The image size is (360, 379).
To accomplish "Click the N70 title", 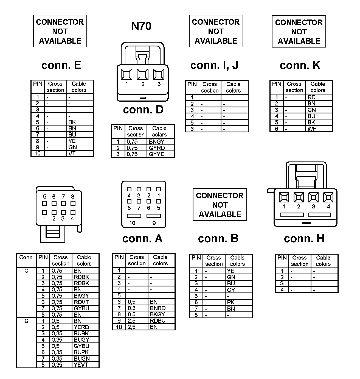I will point(141,26).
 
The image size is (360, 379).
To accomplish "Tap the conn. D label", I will point(143,110).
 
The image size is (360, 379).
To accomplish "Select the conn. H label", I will point(304,238).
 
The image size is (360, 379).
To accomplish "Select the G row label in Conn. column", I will point(26,321).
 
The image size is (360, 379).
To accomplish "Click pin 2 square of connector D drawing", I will point(143,74).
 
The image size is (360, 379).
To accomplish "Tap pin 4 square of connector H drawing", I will point(328,197).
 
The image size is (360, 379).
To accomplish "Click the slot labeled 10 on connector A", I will point(134,216).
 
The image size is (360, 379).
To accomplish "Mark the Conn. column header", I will point(26,258).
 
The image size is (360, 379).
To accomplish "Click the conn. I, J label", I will point(214,65).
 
